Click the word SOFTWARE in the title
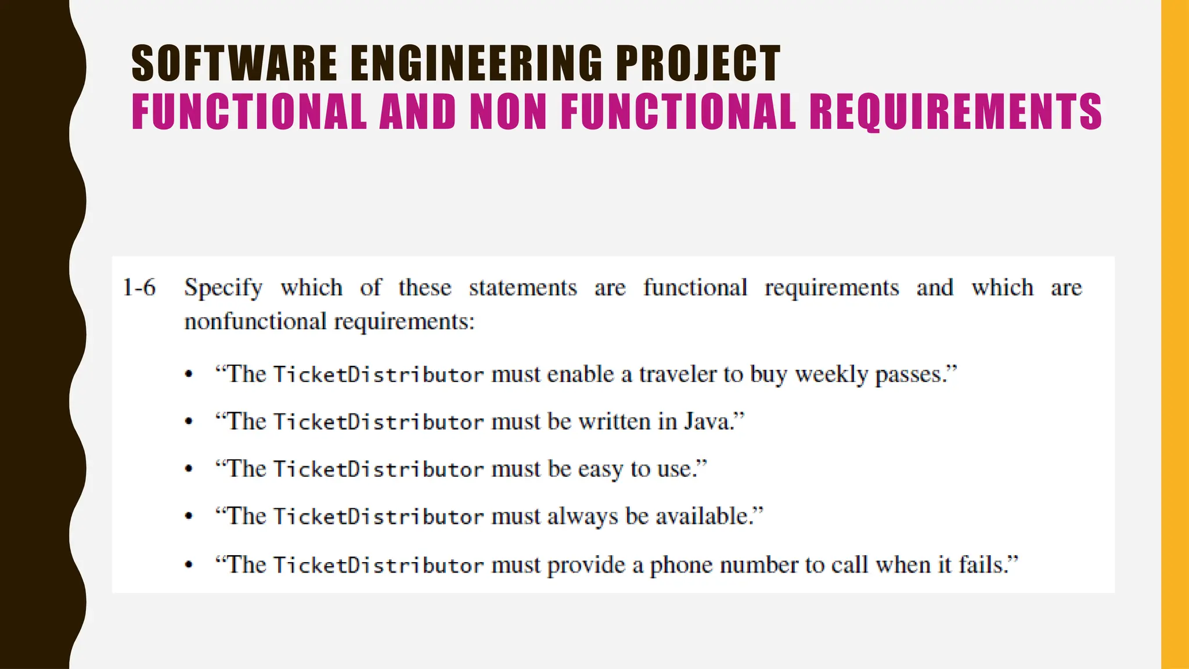pyautogui.click(x=234, y=63)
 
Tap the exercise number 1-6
pyautogui.click(x=139, y=287)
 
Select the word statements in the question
pyautogui.click(x=523, y=287)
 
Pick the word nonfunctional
pyautogui.click(x=255, y=321)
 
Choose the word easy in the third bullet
pyautogui.click(x=600, y=469)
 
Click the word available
pyautogui.click(x=704, y=516)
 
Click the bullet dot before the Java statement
pyautogui.click(x=188, y=422)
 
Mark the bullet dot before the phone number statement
pyautogui.click(x=188, y=564)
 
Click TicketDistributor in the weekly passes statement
pyautogui.click(x=378, y=375)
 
